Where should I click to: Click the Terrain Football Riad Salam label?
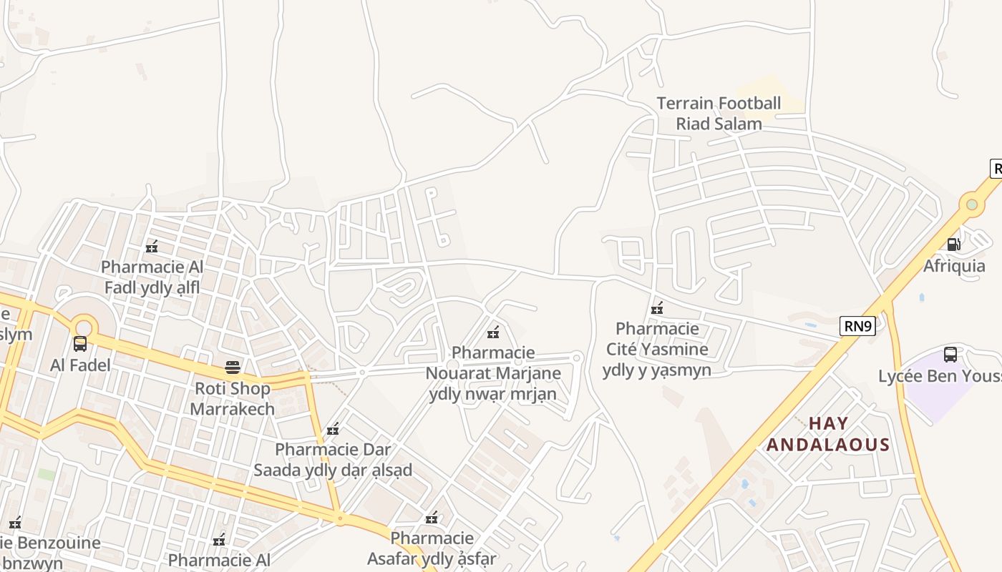[x=719, y=114]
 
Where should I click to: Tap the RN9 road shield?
[x=857, y=327]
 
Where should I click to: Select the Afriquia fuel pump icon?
[x=954, y=245]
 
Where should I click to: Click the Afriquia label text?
[x=954, y=266]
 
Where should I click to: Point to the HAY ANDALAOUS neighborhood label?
[x=828, y=434]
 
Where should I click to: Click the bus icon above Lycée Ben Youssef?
[x=950, y=354]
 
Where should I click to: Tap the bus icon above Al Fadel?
[x=80, y=344]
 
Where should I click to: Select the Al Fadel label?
[x=80, y=365]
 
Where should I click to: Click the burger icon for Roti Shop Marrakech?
[x=233, y=368]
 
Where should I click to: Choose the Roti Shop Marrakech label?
[x=233, y=399]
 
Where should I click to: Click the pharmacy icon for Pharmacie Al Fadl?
[x=152, y=247]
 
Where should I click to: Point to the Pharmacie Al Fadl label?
[x=152, y=277]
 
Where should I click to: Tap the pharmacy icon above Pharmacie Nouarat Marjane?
[x=493, y=332]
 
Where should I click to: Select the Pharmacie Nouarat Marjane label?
[x=493, y=373]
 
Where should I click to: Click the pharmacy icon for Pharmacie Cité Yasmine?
[x=657, y=309]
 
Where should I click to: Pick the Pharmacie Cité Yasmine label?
[x=657, y=349]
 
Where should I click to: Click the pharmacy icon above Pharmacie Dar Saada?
[x=333, y=429]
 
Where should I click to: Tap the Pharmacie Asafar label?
[x=432, y=548]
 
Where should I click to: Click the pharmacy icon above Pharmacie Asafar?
[x=432, y=518]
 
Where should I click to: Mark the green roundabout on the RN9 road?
[x=971, y=204]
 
